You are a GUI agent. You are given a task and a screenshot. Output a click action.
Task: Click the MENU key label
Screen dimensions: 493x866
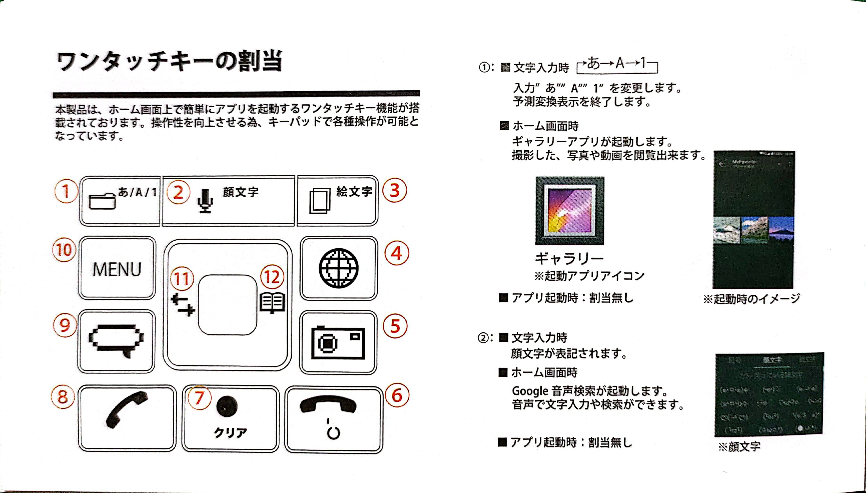tap(117, 270)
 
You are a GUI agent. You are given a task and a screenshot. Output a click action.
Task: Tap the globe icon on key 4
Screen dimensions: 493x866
tap(338, 268)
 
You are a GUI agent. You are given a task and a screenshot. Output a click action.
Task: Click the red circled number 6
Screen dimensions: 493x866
tap(397, 395)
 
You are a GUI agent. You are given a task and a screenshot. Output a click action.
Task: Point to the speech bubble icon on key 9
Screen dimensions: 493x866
tap(116, 340)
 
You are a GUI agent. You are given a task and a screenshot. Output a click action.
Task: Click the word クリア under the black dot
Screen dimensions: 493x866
tap(230, 432)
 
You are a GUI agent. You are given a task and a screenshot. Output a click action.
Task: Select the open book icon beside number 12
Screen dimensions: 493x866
tap(272, 302)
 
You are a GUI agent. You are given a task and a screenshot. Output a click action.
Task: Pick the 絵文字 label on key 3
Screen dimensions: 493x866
tap(354, 192)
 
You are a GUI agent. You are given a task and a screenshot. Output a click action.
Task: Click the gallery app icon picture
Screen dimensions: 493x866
tap(570, 211)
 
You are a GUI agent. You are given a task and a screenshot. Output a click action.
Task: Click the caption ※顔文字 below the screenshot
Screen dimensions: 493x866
tap(739, 447)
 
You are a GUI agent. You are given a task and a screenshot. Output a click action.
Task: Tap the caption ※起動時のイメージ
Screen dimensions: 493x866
tap(752, 299)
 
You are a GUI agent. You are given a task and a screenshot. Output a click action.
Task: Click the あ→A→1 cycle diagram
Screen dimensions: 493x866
tap(617, 64)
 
